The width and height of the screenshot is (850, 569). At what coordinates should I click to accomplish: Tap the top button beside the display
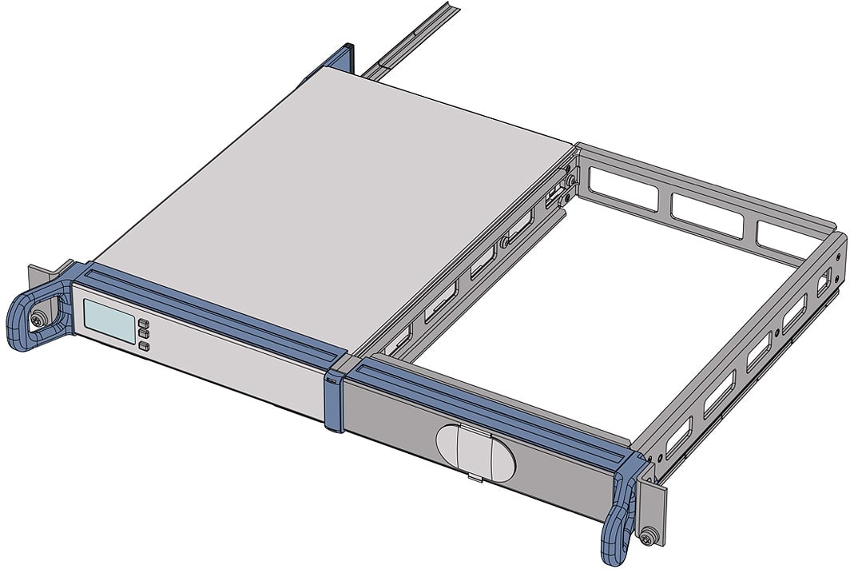144,324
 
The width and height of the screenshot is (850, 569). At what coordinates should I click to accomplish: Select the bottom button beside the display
144,346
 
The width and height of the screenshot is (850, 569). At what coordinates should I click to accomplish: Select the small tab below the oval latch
474,479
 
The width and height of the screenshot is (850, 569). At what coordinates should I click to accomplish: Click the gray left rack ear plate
35,280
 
